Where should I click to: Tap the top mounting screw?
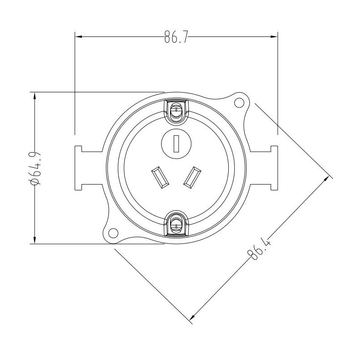coord(177,109)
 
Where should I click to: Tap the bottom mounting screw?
coord(177,223)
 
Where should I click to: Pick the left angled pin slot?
coord(159,177)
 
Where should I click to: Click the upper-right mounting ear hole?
coord(239,103)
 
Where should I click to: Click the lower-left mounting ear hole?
coord(112,233)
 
